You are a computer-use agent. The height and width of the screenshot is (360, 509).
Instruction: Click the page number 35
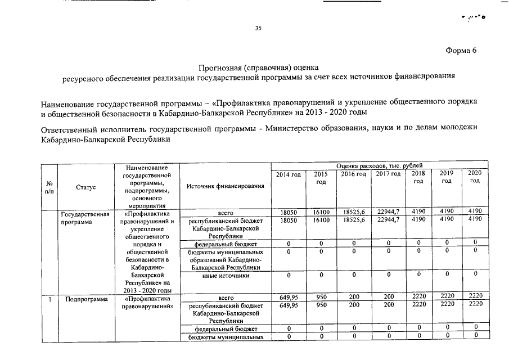point(259,28)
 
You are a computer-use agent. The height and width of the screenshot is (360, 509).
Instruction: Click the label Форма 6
point(461,51)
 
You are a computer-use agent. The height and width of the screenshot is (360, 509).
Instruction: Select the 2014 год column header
point(289,175)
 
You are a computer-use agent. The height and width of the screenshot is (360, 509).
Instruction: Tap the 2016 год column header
point(353,175)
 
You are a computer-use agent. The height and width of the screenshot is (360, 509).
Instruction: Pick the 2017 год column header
point(388,175)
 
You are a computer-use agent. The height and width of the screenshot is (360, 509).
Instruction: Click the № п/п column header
point(49,186)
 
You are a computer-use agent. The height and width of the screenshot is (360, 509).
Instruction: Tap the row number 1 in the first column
point(49,299)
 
